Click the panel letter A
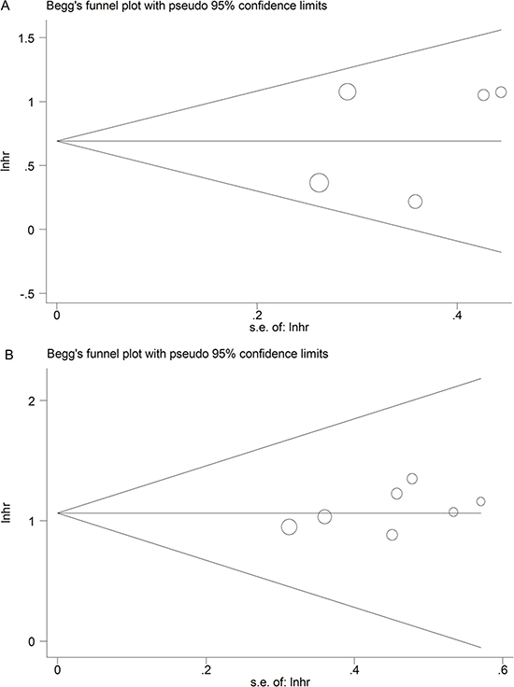[5, 6]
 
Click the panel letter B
[8, 355]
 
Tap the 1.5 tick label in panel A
[26, 38]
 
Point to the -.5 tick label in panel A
[27, 293]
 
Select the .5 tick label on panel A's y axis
[30, 165]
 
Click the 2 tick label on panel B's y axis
[31, 400]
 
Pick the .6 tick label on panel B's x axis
[502, 670]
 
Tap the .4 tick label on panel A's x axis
[457, 315]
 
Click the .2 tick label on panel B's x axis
[206, 670]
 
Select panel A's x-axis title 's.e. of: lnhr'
[278, 328]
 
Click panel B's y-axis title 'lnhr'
[6, 512]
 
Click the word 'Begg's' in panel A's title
[62, 7]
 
